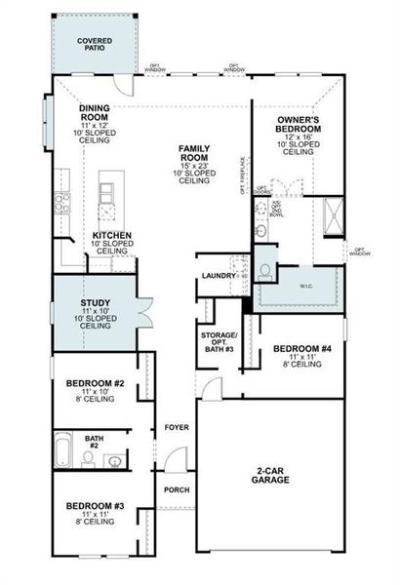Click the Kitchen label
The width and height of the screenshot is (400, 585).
pos(113,241)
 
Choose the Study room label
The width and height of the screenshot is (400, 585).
pos(95,313)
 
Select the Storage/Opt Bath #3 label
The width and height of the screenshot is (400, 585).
pos(220,343)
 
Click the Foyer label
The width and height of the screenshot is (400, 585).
pos(176,427)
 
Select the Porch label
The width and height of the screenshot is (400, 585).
pos(176,489)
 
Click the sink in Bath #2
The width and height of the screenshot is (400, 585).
pos(114,460)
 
